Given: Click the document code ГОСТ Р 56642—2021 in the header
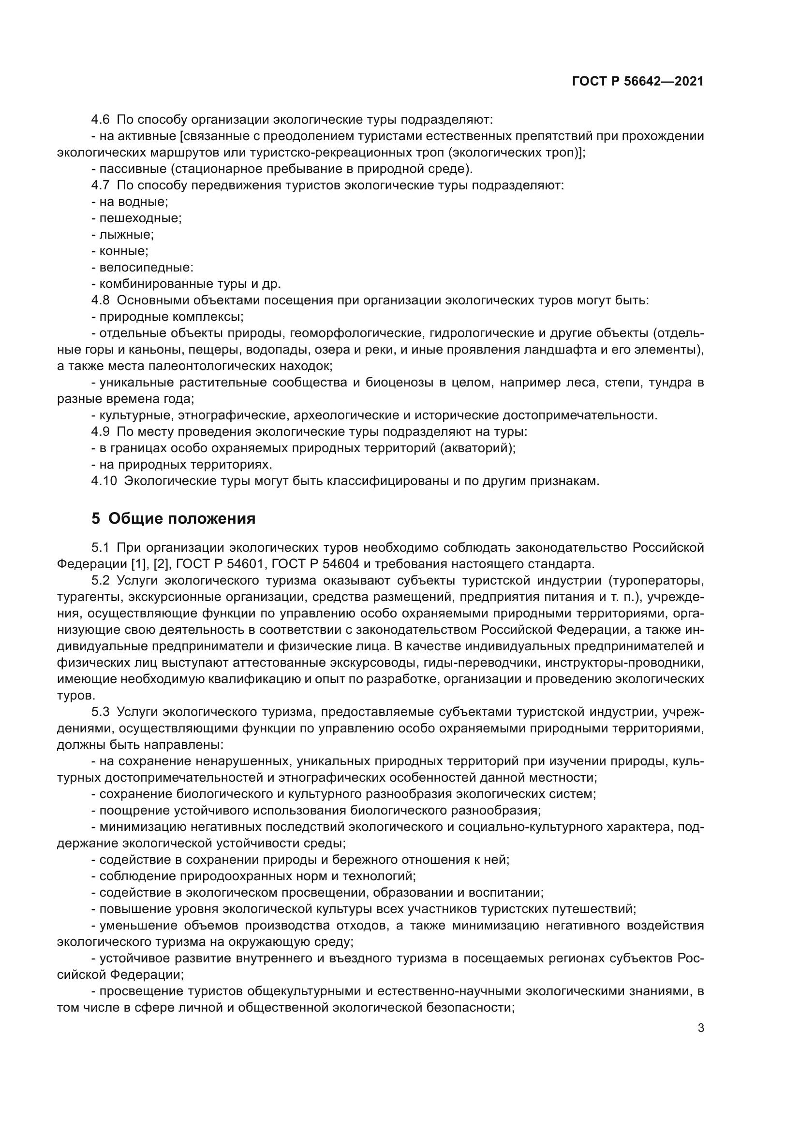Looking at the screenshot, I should pyautogui.click(x=637, y=82).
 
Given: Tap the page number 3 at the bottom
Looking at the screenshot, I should pyautogui.click(x=700, y=1028).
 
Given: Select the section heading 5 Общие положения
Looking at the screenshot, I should pyautogui.click(x=174, y=519).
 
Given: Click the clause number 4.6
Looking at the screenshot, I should pyautogui.click(x=100, y=120).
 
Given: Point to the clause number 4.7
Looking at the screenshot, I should pyautogui.click(x=100, y=186).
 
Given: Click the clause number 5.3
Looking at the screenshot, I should pyautogui.click(x=100, y=712).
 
